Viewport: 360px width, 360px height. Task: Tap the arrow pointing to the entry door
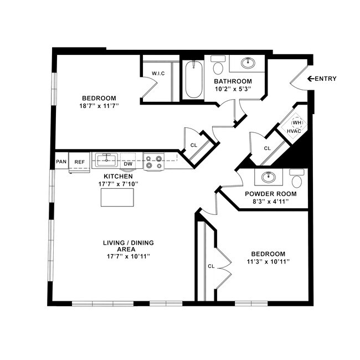tap(310, 79)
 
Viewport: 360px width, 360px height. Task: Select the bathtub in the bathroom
tap(193, 80)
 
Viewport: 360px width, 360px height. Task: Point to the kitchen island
tap(117, 197)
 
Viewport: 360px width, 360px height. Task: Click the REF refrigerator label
tap(80, 162)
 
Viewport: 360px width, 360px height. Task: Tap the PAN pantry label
tap(61, 162)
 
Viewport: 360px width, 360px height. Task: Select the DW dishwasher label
tap(127, 163)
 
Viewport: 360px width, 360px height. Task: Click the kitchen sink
tap(105, 161)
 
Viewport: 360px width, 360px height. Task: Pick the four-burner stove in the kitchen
tap(153, 162)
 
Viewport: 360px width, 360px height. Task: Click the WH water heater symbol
tap(297, 122)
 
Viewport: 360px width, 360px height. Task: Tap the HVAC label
tap(294, 131)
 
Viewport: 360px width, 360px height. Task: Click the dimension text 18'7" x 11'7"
tap(100, 105)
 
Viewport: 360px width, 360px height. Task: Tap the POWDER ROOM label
tap(270, 194)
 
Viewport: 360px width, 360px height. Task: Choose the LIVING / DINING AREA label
tap(128, 246)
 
